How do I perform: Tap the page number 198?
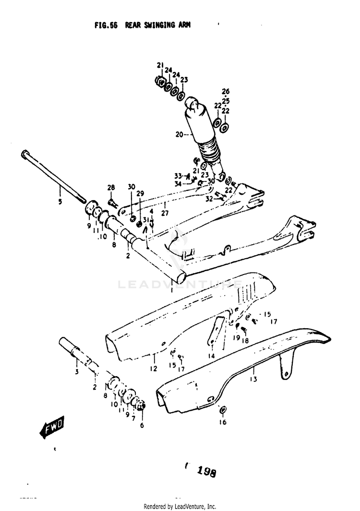click(206, 472)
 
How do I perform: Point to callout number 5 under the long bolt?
click(60, 202)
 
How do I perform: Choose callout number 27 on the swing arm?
click(164, 213)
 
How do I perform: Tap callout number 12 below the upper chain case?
click(154, 369)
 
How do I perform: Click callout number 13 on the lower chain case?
click(253, 379)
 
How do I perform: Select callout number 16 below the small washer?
click(223, 422)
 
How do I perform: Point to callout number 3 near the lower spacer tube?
click(76, 372)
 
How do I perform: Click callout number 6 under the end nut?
click(142, 425)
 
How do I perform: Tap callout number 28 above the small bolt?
click(111, 188)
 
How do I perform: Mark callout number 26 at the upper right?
click(226, 91)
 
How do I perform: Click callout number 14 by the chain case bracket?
click(211, 356)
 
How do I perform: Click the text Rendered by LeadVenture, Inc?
click(180, 507)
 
